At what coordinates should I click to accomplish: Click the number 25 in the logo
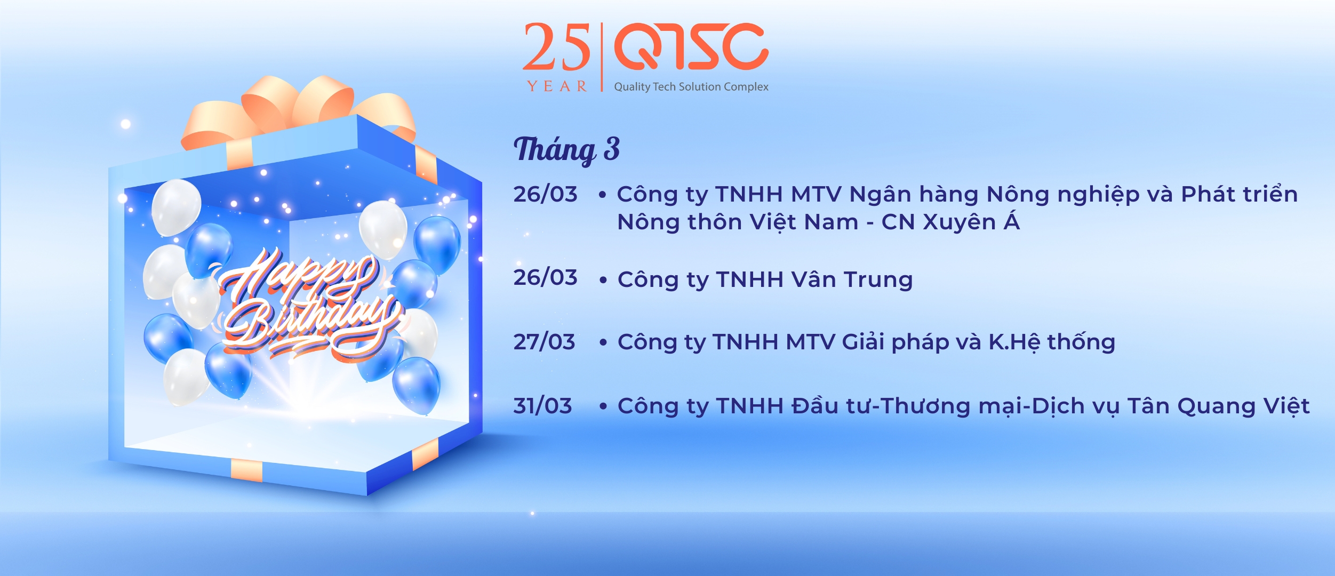pyautogui.click(x=556, y=47)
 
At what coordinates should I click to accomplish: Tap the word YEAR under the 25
pyautogui.click(x=557, y=86)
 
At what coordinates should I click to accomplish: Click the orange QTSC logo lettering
pyautogui.click(x=691, y=46)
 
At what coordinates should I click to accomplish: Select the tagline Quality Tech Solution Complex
pyautogui.click(x=691, y=87)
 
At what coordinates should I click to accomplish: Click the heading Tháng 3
pyautogui.click(x=566, y=149)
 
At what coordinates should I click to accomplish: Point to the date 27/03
pyautogui.click(x=544, y=342)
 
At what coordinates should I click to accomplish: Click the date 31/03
pyautogui.click(x=542, y=406)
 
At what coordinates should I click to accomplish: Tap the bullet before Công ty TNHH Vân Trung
pyautogui.click(x=603, y=280)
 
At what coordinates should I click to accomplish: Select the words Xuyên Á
pyautogui.click(x=971, y=221)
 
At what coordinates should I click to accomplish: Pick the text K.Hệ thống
pyautogui.click(x=1052, y=342)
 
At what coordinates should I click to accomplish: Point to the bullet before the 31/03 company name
pyautogui.click(x=603, y=406)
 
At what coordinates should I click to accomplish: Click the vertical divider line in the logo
pyautogui.click(x=602, y=57)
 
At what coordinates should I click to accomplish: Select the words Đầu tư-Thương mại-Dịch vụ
pyautogui.click(x=955, y=406)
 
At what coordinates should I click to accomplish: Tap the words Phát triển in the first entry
pyautogui.click(x=1239, y=194)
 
